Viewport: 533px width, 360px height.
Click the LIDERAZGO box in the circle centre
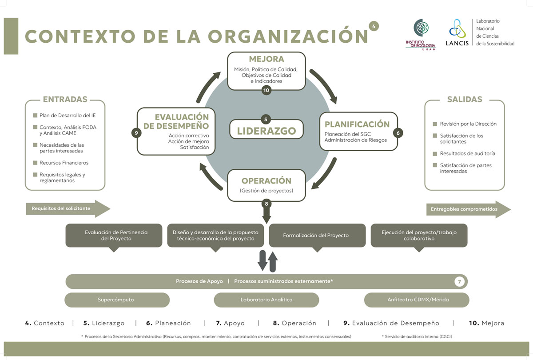(266, 131)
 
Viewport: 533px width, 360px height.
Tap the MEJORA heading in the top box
(266, 59)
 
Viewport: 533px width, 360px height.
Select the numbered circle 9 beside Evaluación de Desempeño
(136, 132)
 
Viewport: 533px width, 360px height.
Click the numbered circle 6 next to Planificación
(398, 132)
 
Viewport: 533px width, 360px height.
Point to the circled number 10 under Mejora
(266, 90)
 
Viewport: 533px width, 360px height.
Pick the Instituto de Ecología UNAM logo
(420, 34)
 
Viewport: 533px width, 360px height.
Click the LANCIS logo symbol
(456, 29)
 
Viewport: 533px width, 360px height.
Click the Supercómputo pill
(117, 300)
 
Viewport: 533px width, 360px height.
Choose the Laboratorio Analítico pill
(266, 300)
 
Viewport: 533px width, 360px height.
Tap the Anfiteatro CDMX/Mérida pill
(417, 300)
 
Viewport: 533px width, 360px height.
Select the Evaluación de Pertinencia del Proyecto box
(114, 235)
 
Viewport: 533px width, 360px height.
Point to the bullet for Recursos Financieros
(35, 163)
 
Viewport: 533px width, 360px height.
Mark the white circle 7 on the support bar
(460, 281)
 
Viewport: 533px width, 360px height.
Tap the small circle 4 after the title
(374, 27)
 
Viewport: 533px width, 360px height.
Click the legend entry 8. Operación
(294, 323)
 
